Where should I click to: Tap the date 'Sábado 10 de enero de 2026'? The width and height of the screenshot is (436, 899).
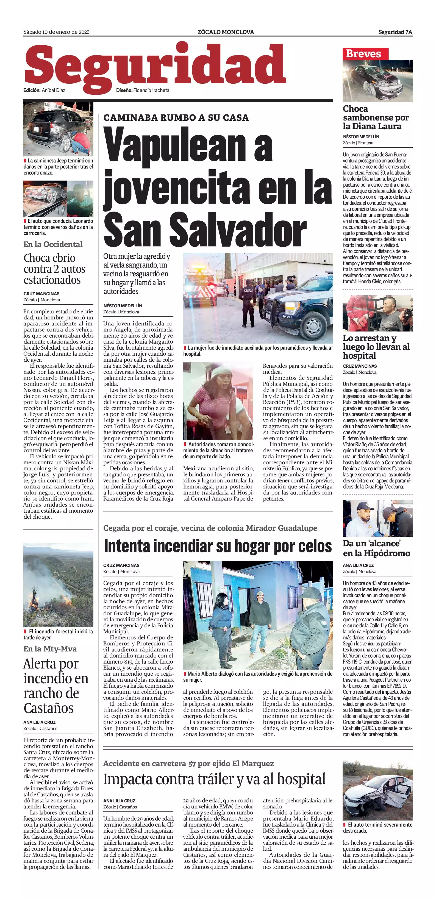(56, 32)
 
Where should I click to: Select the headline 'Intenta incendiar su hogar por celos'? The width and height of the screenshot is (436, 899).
(218, 546)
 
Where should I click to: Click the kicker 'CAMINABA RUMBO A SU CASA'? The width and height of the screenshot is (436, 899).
(176, 118)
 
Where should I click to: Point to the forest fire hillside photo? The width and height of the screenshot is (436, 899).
(58, 585)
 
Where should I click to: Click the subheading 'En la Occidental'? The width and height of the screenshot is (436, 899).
(53, 244)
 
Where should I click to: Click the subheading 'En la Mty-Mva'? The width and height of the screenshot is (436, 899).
(50, 648)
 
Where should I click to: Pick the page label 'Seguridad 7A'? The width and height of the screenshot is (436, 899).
(395, 32)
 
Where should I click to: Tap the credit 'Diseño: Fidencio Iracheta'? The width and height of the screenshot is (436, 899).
(143, 90)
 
